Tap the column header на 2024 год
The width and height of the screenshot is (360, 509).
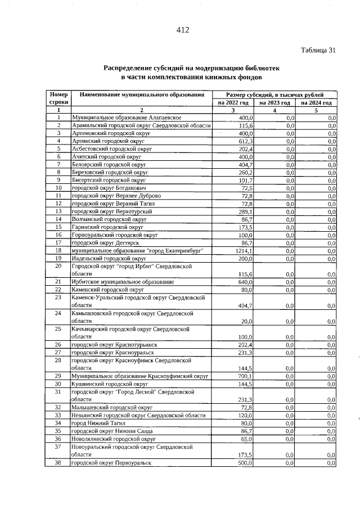point(316,103)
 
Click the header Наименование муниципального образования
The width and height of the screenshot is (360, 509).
point(142,95)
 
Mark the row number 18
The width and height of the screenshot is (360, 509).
point(58,250)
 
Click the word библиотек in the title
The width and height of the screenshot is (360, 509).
point(259,67)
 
